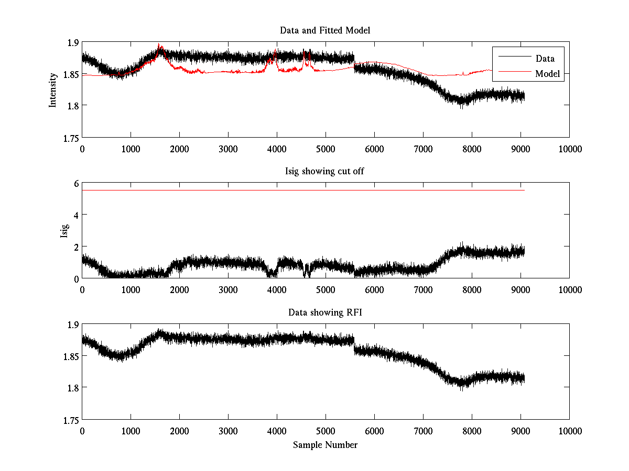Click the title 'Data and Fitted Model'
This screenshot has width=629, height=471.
point(325,30)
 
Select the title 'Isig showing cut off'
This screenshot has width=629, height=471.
point(325,171)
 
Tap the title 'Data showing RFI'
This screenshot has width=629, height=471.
point(325,312)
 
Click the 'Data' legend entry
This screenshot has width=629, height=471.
point(545,59)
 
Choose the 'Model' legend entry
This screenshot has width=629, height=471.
point(547,74)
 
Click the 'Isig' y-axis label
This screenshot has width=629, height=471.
point(64,230)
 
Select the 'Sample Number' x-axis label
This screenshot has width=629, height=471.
point(325,445)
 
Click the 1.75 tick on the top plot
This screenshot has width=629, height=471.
point(70,138)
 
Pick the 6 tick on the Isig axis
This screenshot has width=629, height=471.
point(75,183)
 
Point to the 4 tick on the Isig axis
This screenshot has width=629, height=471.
point(75,215)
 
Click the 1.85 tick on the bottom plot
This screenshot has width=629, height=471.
point(70,356)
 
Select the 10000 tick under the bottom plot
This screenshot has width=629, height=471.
point(570,431)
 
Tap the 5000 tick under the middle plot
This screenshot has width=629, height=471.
point(326,290)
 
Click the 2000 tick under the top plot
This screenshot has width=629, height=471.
point(179,149)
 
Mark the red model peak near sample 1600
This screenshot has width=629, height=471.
point(160,46)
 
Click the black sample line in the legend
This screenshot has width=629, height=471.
point(511,57)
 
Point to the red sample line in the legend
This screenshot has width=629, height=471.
point(511,72)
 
